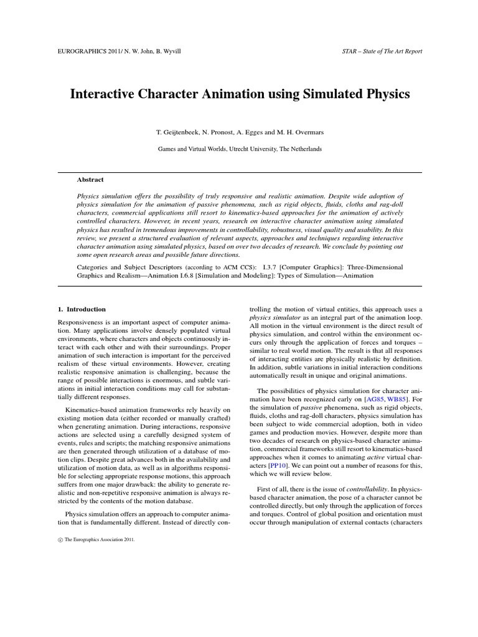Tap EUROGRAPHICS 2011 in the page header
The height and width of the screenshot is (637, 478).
86,50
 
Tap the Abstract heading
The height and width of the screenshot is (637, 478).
90,179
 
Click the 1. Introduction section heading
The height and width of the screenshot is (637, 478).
82,309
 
